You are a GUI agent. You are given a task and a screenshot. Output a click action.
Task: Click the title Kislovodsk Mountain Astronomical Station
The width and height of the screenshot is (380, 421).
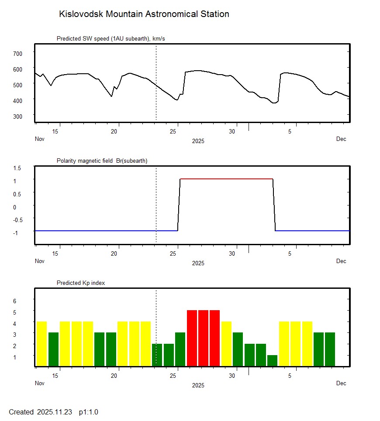[x=144, y=14]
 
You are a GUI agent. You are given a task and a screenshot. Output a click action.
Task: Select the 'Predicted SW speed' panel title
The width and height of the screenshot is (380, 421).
[x=111, y=39]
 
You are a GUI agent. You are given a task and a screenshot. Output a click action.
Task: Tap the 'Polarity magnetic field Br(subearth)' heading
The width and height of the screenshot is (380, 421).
[x=102, y=161]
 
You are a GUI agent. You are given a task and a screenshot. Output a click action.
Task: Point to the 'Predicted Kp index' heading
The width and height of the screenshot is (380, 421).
[x=81, y=283]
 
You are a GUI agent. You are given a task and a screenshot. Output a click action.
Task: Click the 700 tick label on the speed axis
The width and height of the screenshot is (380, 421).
[x=17, y=53]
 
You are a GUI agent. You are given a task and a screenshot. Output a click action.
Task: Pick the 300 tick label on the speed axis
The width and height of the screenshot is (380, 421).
[x=17, y=116]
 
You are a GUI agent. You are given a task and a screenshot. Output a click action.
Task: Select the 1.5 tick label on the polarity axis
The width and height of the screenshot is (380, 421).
[x=17, y=168]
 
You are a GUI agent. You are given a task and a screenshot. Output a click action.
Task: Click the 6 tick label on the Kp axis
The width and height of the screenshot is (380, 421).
[x=14, y=301]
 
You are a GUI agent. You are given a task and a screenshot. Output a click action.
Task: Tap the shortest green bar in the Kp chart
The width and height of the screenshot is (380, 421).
[x=272, y=361]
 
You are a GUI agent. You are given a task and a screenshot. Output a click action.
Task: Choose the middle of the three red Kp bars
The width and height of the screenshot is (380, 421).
[x=203, y=338]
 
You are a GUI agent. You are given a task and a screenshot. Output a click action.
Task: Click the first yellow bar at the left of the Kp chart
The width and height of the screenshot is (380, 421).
[x=41, y=344]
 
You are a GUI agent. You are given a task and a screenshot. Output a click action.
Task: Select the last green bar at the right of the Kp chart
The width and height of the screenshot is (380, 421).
[x=330, y=349]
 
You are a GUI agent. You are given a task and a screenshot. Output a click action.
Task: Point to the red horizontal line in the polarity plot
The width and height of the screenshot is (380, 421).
[x=226, y=179]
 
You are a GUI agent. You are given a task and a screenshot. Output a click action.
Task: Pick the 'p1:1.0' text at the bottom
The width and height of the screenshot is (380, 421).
[x=88, y=412]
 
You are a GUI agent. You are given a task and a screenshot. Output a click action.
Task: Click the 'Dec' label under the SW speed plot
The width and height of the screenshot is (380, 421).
[x=341, y=139]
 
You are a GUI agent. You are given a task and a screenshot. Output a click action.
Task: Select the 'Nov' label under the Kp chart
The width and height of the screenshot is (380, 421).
[x=40, y=383]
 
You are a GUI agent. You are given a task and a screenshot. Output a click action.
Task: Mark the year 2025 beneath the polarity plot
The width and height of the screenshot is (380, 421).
[x=198, y=263]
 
